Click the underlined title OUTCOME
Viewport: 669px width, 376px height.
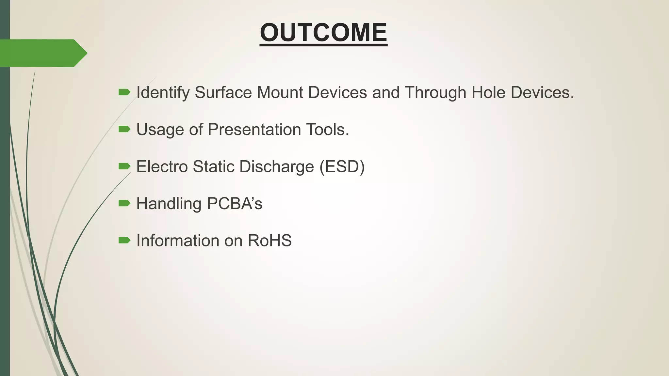pyautogui.click(x=323, y=33)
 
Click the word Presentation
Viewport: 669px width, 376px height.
pyautogui.click(x=254, y=130)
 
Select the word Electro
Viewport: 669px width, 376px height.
pyautogui.click(x=162, y=166)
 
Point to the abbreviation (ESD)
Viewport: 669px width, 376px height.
pyautogui.click(x=342, y=166)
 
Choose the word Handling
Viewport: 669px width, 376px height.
pyautogui.click(x=169, y=203)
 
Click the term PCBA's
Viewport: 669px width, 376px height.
pyautogui.click(x=235, y=203)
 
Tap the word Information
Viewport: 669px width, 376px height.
pyautogui.click(x=177, y=241)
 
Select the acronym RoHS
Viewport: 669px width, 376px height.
pyautogui.click(x=269, y=241)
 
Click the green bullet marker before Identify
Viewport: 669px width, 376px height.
pyautogui.click(x=124, y=92)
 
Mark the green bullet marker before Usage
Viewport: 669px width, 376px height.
pyautogui.click(x=124, y=129)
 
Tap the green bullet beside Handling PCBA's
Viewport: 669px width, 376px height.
pyautogui.click(x=124, y=203)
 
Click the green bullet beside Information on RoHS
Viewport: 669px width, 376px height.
pyautogui.click(x=124, y=241)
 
